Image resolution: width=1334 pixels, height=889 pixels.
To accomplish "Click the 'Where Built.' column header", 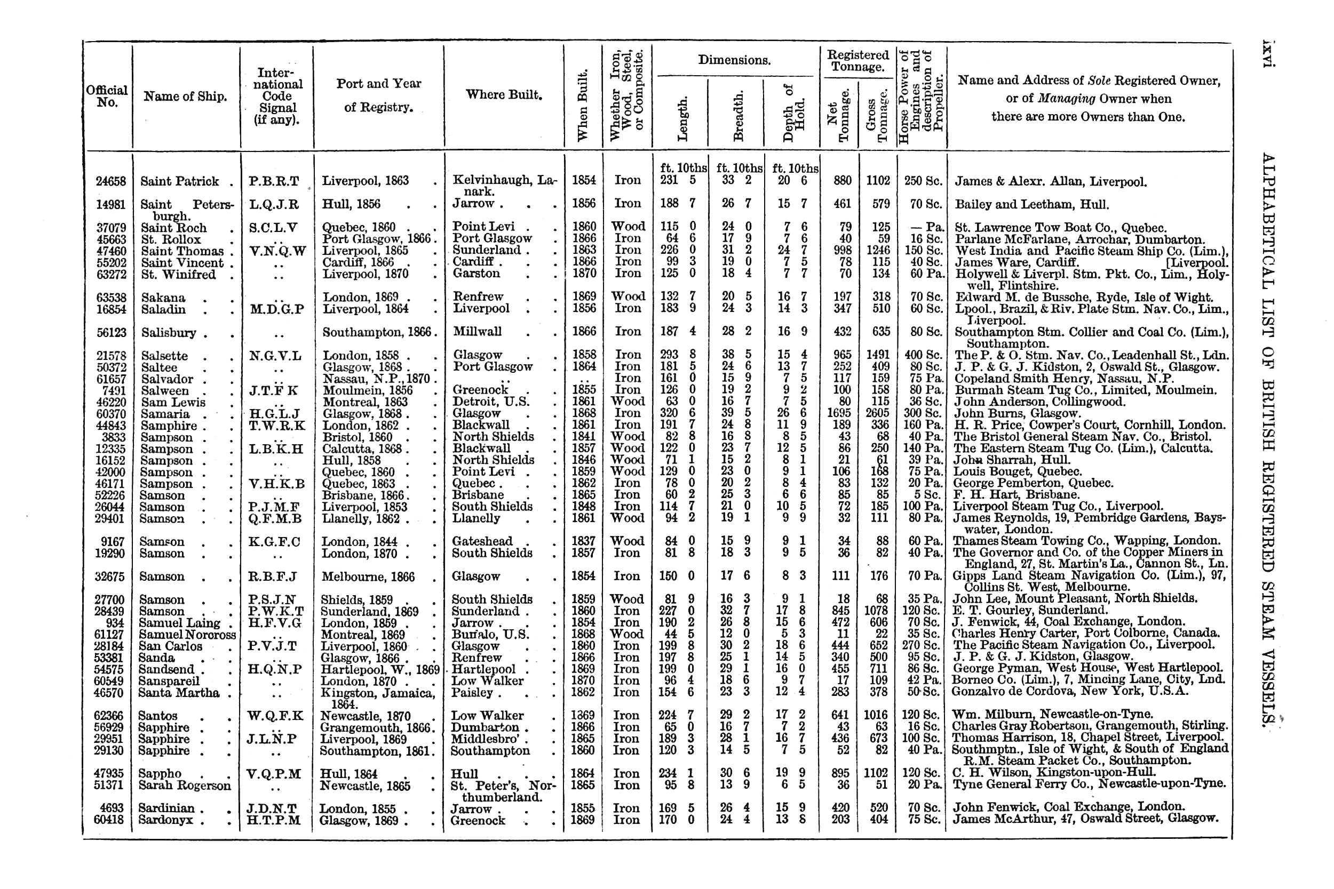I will click(x=504, y=95).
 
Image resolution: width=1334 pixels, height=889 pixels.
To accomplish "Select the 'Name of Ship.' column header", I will click(x=185, y=97).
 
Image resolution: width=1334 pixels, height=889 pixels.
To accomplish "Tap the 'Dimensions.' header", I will click(x=734, y=60).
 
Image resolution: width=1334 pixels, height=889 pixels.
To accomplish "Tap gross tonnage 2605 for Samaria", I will click(x=877, y=414).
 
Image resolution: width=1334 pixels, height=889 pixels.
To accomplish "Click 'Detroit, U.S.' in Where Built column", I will click(x=490, y=402).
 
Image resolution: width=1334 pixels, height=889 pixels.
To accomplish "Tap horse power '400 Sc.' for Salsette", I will click(x=922, y=356).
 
